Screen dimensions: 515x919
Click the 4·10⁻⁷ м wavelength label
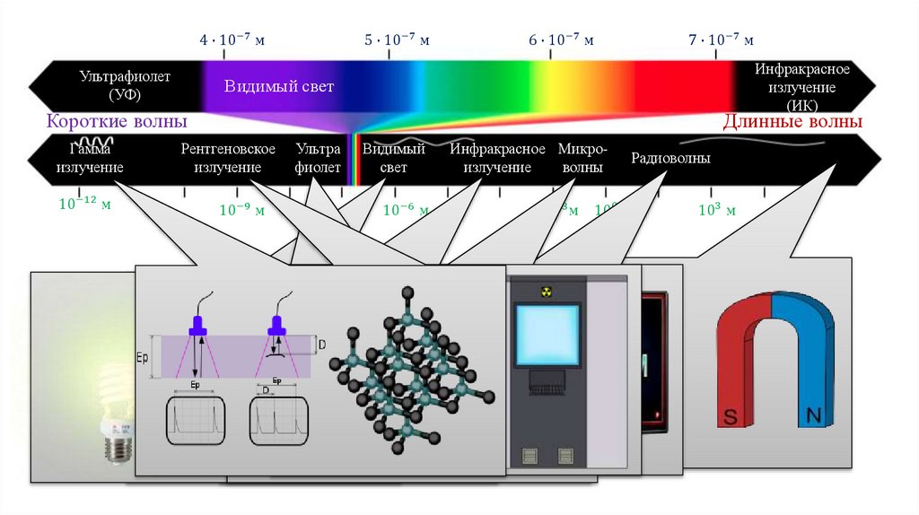point(232,40)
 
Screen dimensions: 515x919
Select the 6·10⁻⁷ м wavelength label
point(561,40)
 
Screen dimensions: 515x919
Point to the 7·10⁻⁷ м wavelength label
point(721,40)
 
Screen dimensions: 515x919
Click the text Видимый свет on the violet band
point(279,87)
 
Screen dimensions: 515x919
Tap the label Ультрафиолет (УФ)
point(125,86)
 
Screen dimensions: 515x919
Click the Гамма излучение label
point(89,159)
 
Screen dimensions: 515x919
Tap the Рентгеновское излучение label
point(221,159)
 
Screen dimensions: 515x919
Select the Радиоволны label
point(670,159)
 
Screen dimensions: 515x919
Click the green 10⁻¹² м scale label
point(84,205)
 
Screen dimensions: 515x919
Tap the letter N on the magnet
point(814,415)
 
